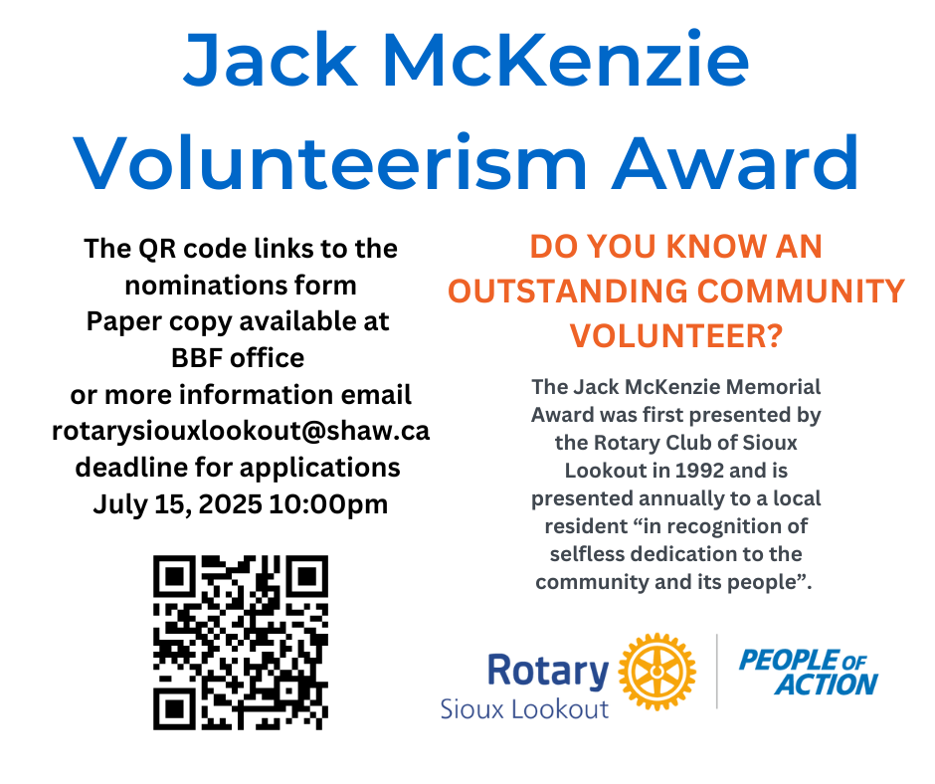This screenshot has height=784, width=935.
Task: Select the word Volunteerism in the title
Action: [x=331, y=163]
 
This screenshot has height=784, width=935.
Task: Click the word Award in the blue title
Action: [x=736, y=162]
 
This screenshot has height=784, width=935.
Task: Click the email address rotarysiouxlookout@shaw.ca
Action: [x=241, y=431]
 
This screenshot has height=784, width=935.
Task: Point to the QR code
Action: [x=241, y=643]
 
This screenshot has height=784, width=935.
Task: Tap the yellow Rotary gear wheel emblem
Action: [x=656, y=672]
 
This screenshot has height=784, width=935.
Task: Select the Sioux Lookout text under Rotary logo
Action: [x=524, y=709]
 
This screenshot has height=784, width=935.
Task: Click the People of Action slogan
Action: [x=809, y=673]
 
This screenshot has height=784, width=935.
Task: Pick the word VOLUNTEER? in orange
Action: [x=676, y=335]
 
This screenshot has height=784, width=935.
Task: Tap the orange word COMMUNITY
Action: [x=802, y=292]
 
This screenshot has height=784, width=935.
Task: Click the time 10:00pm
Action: [x=328, y=504]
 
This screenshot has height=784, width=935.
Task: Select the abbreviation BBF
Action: [x=197, y=358]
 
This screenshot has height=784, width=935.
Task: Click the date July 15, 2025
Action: [x=177, y=504]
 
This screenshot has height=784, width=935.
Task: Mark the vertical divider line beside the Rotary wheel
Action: [x=717, y=672]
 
